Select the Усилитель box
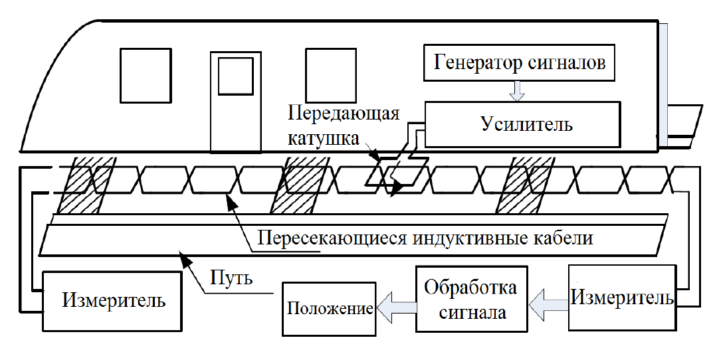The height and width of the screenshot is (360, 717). (524, 124)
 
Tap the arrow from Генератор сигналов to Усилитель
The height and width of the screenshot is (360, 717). (519, 92)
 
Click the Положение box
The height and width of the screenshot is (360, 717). (329, 308)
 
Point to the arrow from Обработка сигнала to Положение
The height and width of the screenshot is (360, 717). (397, 307)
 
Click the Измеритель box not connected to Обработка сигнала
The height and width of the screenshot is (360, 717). (114, 300)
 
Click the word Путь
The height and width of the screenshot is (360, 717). (231, 276)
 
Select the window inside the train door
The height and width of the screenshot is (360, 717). (236, 75)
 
